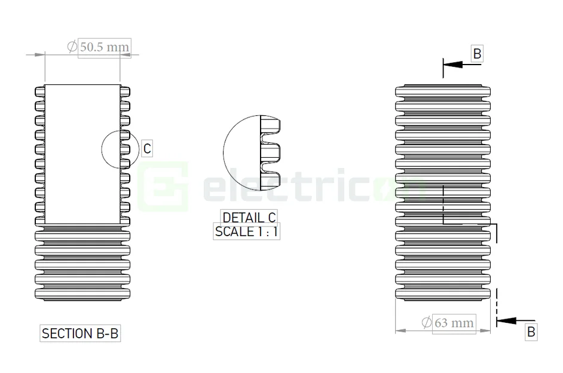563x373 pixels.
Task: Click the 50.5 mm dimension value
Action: pos(104,46)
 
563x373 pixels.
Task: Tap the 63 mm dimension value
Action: pos(454,323)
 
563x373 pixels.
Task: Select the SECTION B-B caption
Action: pos(80,333)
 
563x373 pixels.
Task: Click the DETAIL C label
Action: pos(249,218)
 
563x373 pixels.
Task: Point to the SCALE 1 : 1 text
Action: pos(246,231)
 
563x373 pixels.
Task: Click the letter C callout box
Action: pos(146,148)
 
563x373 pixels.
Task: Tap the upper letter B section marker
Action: pos(477,54)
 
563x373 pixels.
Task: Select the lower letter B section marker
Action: pos(531,332)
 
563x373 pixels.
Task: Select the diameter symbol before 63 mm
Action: pos(427,323)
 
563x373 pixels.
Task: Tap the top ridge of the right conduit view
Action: pos(443,90)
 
